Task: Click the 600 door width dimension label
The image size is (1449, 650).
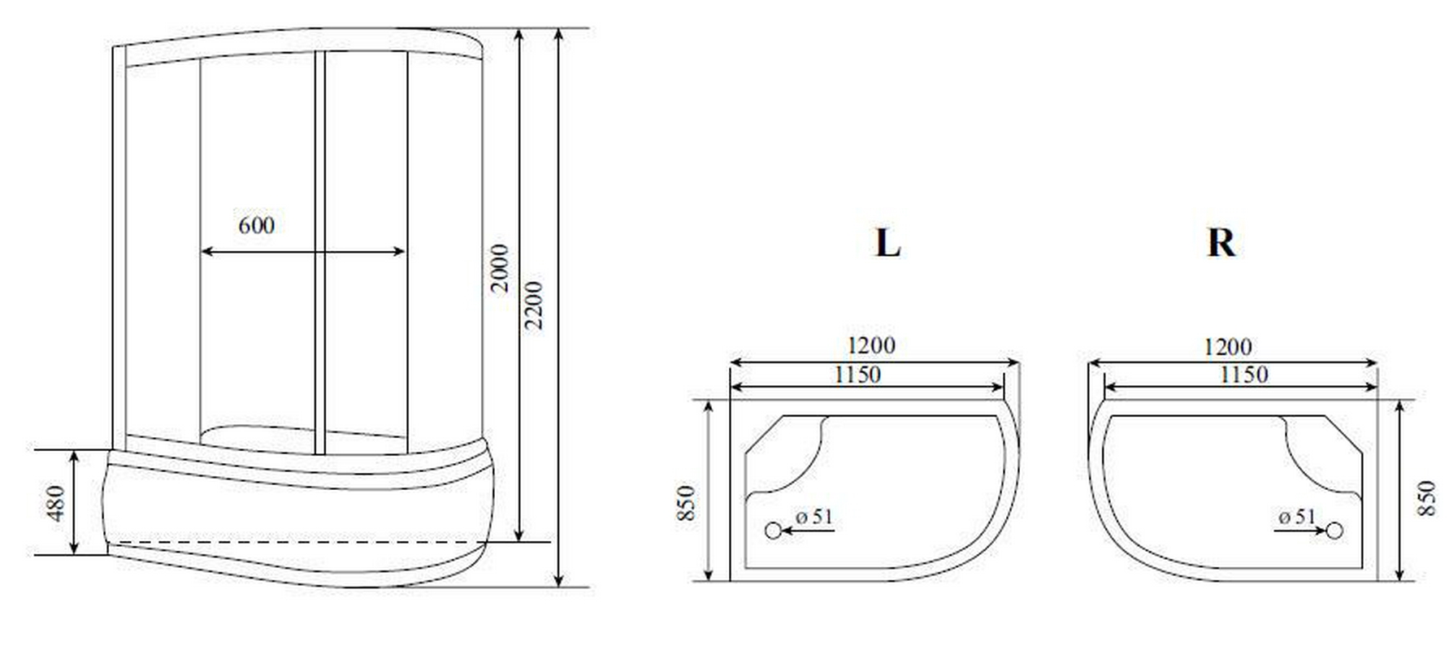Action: (x=256, y=225)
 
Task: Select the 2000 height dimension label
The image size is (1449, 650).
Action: (x=500, y=267)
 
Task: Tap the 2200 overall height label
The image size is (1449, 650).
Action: (x=533, y=305)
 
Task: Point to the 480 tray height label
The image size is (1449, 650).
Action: (x=55, y=503)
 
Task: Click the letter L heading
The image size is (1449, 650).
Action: (x=887, y=242)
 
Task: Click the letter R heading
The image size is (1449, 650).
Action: (x=1221, y=242)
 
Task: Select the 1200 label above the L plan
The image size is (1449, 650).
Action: (x=870, y=345)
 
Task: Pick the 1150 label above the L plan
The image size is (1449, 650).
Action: (x=857, y=375)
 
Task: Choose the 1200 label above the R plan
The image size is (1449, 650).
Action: (x=1227, y=347)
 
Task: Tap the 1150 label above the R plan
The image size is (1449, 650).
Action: (x=1243, y=375)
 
